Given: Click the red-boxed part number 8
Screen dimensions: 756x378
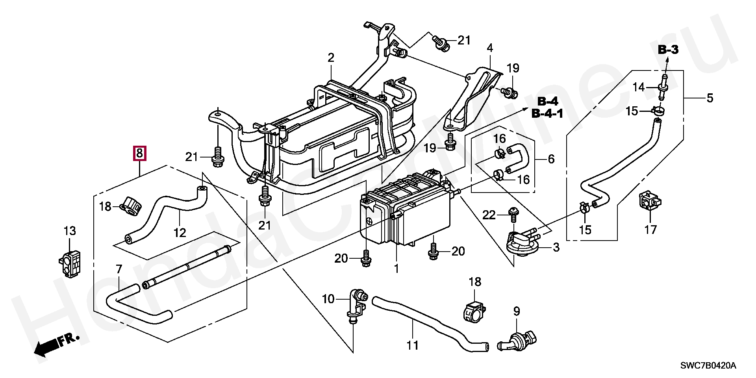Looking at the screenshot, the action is pos(140,153).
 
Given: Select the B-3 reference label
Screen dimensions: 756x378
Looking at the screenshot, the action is pos(668,50).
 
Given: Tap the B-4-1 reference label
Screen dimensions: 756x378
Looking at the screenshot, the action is pos(547,114).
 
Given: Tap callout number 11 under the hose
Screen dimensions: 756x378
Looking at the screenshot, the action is pos(412,346).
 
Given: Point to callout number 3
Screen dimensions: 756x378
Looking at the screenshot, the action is pos(556,248).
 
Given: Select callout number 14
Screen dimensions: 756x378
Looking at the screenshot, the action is pos(639,87).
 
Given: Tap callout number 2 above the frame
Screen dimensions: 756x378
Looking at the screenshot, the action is pos(331,58).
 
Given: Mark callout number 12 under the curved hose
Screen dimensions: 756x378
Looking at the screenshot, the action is pos(180,233).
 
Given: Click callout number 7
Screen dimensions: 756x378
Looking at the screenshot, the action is pos(119,269).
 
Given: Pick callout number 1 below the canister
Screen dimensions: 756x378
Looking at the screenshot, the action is pos(397,269).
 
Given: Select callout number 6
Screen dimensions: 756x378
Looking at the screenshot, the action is pos(551,159).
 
